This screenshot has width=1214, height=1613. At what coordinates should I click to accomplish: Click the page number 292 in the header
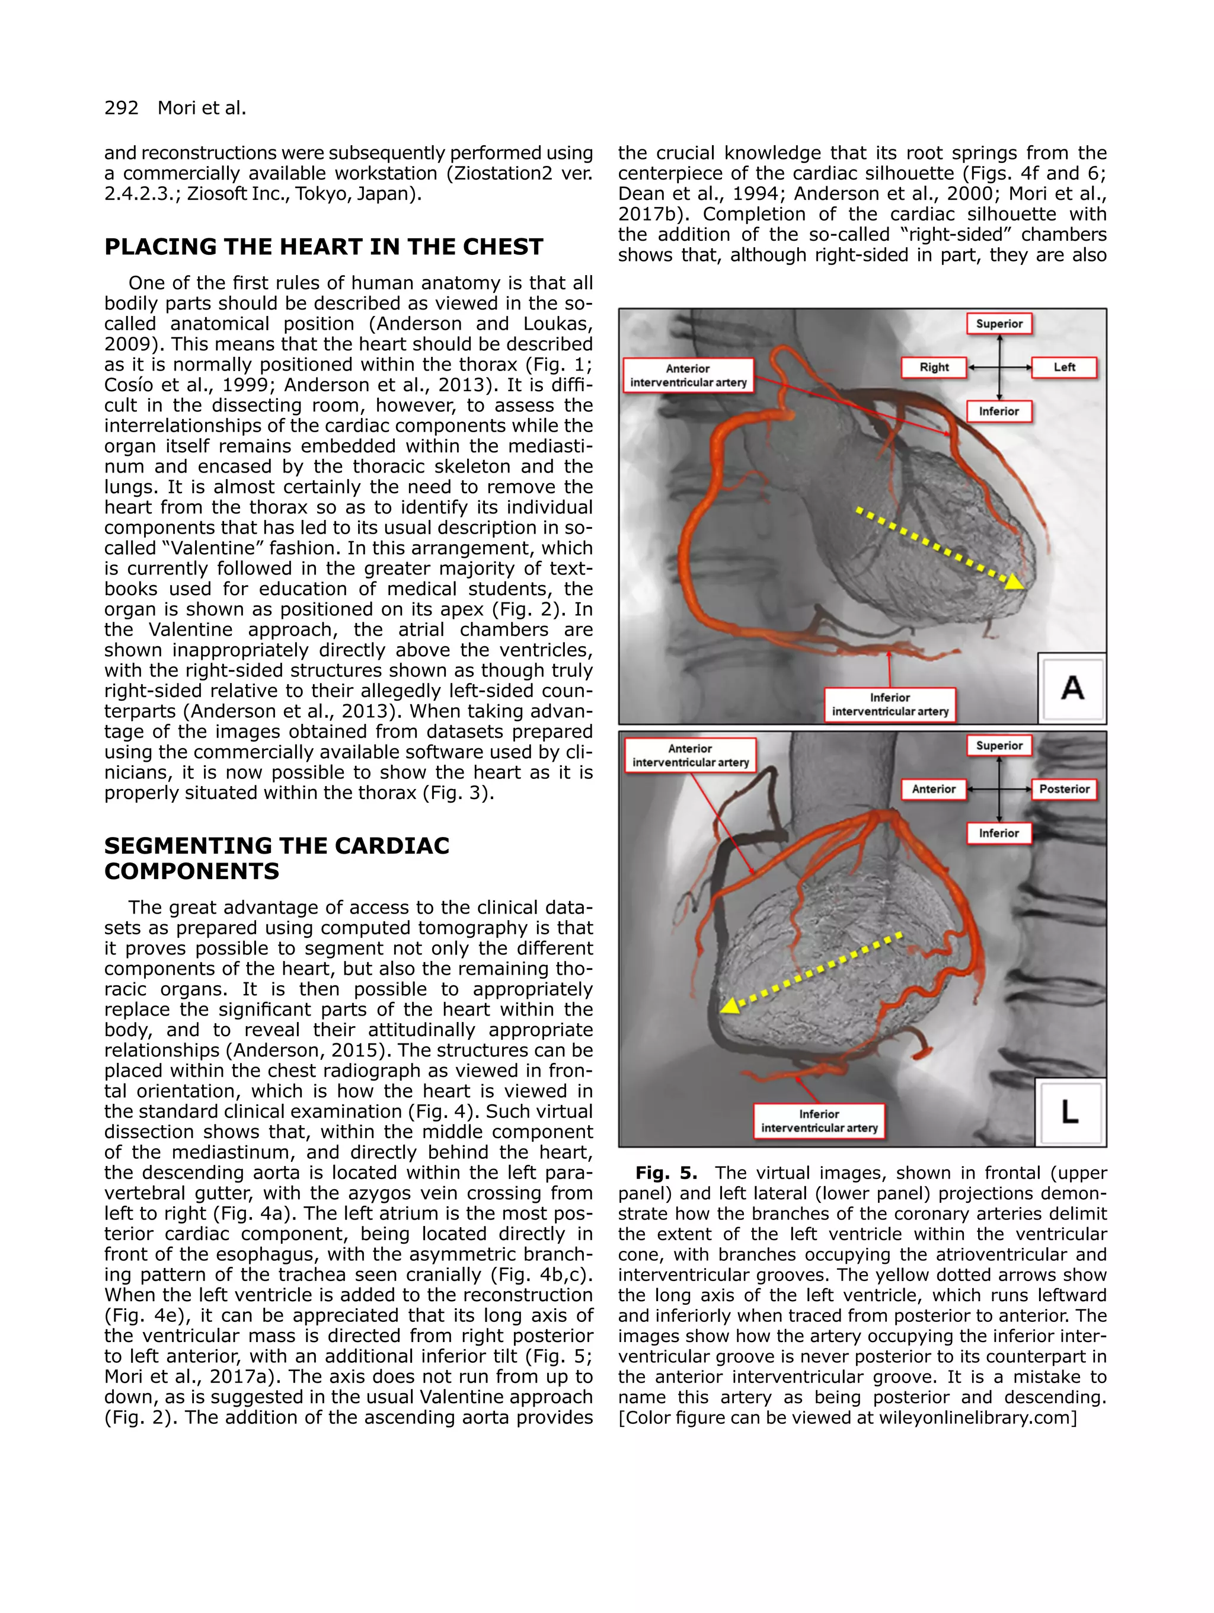pyautogui.click(x=121, y=108)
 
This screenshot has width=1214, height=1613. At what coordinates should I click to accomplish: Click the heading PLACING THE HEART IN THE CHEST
pyautogui.click(x=324, y=247)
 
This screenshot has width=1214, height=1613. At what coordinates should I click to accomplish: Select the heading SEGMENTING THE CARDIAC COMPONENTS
pyautogui.click(x=276, y=858)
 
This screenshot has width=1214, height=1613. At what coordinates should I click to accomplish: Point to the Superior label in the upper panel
pyautogui.click(x=999, y=324)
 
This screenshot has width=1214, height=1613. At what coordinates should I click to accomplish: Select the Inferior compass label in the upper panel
pyautogui.click(x=999, y=411)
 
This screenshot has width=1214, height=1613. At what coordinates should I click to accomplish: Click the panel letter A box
pyautogui.click(x=1071, y=688)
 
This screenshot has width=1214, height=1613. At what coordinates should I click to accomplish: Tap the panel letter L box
pyautogui.click(x=1069, y=1111)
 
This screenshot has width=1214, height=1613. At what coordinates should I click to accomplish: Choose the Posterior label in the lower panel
pyautogui.click(x=1064, y=789)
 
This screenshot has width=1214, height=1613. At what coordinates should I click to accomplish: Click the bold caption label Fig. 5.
pyautogui.click(x=666, y=1173)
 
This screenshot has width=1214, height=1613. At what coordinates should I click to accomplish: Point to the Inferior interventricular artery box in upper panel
pyautogui.click(x=890, y=704)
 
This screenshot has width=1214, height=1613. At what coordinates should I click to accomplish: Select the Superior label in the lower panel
pyautogui.click(x=999, y=745)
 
